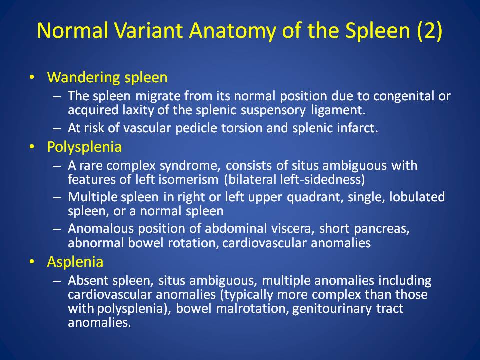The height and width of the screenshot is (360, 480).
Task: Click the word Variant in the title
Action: (149, 30)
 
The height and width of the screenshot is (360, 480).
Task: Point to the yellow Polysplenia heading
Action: (84, 147)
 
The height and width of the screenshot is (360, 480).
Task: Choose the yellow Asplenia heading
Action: (75, 262)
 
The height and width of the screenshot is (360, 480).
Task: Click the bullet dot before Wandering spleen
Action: (32, 77)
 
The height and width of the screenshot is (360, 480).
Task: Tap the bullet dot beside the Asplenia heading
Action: (32, 262)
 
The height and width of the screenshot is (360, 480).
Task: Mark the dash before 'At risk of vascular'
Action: (57, 128)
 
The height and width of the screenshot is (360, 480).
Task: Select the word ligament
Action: (338, 110)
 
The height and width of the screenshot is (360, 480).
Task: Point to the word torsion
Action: (242, 128)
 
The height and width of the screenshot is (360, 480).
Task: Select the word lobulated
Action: (417, 197)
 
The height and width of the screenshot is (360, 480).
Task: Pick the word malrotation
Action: (252, 308)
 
